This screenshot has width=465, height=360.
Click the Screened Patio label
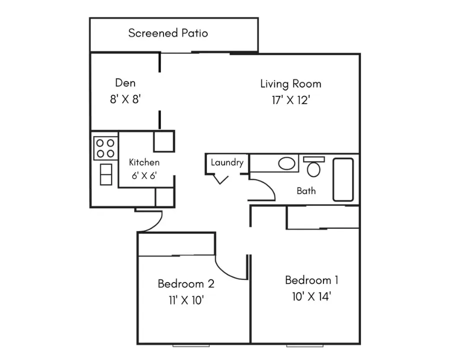pos(168,33)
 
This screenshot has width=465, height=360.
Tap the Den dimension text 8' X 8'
pos(125,99)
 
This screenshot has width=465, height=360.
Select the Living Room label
pos(290,84)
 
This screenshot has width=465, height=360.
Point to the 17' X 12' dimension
pos(290,100)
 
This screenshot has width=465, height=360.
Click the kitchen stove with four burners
pos(105,148)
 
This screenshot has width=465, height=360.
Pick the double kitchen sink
pos(106,174)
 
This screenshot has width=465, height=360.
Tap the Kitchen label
pos(144,162)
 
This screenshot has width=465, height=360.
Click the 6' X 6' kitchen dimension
pos(144,175)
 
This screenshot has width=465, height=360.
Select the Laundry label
pos(227,162)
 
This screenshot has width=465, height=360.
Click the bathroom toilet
pos(314,166)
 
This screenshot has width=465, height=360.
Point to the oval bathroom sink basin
pos(286,163)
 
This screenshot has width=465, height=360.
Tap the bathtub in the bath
pos(343,179)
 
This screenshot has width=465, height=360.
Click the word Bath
pos(306,190)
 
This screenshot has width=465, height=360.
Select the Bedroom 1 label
pos(311,280)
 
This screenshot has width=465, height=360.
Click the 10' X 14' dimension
pos(311,296)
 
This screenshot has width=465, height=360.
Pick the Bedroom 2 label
pos(186,284)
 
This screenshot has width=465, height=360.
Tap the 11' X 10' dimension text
pos(186,300)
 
